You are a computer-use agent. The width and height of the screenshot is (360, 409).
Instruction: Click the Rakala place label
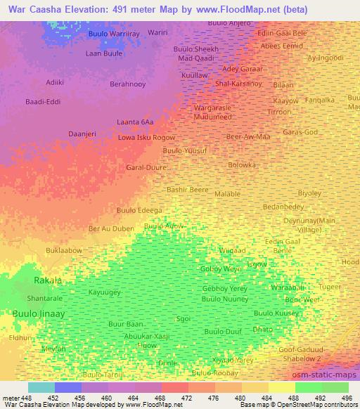(x=49, y=280)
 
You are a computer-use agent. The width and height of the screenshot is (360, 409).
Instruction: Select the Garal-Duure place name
(x=145, y=167)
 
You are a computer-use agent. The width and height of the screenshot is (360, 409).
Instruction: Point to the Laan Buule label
(x=103, y=53)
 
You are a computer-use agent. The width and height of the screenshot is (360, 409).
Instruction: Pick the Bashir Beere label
(x=187, y=190)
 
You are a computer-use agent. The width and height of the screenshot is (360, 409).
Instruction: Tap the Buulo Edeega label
(x=139, y=209)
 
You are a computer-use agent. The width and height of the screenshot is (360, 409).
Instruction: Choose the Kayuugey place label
(x=105, y=292)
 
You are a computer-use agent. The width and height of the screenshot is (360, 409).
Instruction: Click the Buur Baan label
(x=127, y=324)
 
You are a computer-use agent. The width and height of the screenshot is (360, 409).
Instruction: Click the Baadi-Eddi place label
(x=41, y=103)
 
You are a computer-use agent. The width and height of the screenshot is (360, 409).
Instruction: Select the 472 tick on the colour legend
(x=187, y=397)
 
